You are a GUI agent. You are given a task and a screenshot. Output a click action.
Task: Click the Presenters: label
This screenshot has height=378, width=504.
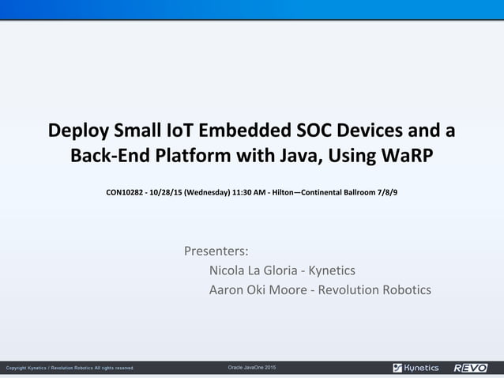click(216, 251)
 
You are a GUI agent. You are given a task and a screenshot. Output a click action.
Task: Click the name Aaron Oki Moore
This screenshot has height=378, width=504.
click(258, 289)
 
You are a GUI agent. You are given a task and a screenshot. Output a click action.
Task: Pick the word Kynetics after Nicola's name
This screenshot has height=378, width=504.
click(332, 270)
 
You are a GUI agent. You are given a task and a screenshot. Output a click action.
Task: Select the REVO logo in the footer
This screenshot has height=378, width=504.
click(471, 368)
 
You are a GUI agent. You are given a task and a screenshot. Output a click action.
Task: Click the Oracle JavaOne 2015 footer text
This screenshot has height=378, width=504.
click(252, 368)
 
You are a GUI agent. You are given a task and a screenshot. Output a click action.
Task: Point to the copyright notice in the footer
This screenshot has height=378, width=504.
click(70, 368)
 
